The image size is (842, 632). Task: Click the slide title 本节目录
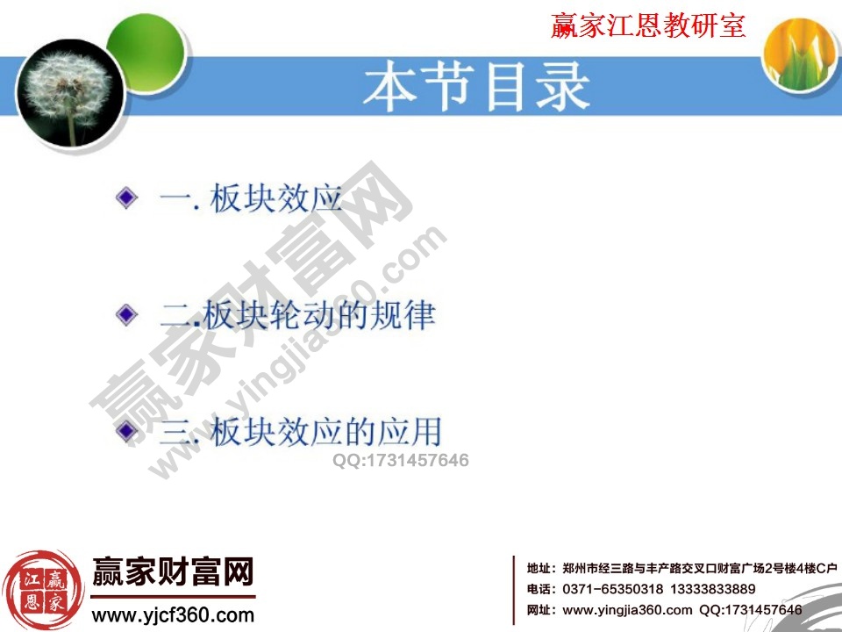click(x=477, y=87)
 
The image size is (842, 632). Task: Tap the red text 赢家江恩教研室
click(x=648, y=25)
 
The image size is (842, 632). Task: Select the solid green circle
click(x=146, y=53)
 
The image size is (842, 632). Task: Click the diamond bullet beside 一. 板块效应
click(x=126, y=197)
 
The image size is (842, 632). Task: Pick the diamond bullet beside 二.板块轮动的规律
click(x=126, y=314)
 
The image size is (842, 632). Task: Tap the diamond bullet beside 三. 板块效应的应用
click(x=126, y=430)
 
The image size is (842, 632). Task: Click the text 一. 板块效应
click(x=251, y=198)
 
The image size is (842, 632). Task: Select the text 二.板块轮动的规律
click(x=297, y=315)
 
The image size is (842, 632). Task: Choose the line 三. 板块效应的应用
click(x=301, y=431)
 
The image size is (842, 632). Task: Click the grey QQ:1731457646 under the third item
click(x=401, y=460)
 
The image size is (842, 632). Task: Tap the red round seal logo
click(x=43, y=591)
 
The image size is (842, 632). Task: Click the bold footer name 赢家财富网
click(x=173, y=571)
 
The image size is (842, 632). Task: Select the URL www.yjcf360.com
click(x=173, y=614)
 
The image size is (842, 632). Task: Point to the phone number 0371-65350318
click(x=613, y=589)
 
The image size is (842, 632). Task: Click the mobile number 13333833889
click(x=712, y=589)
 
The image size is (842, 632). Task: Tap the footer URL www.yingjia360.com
click(x=627, y=610)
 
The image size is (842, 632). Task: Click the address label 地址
click(x=538, y=568)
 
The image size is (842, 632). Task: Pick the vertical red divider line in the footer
click(x=514, y=590)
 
